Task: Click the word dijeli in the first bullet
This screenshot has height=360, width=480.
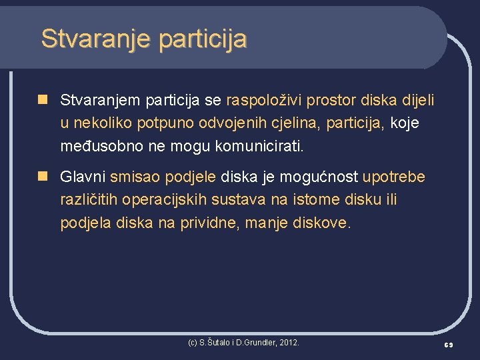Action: [x=418, y=101]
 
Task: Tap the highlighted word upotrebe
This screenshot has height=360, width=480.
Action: [x=393, y=177]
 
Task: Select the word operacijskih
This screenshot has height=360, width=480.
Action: [x=163, y=200]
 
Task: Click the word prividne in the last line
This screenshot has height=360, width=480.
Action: [x=209, y=223]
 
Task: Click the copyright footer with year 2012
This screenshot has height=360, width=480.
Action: [x=243, y=343]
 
